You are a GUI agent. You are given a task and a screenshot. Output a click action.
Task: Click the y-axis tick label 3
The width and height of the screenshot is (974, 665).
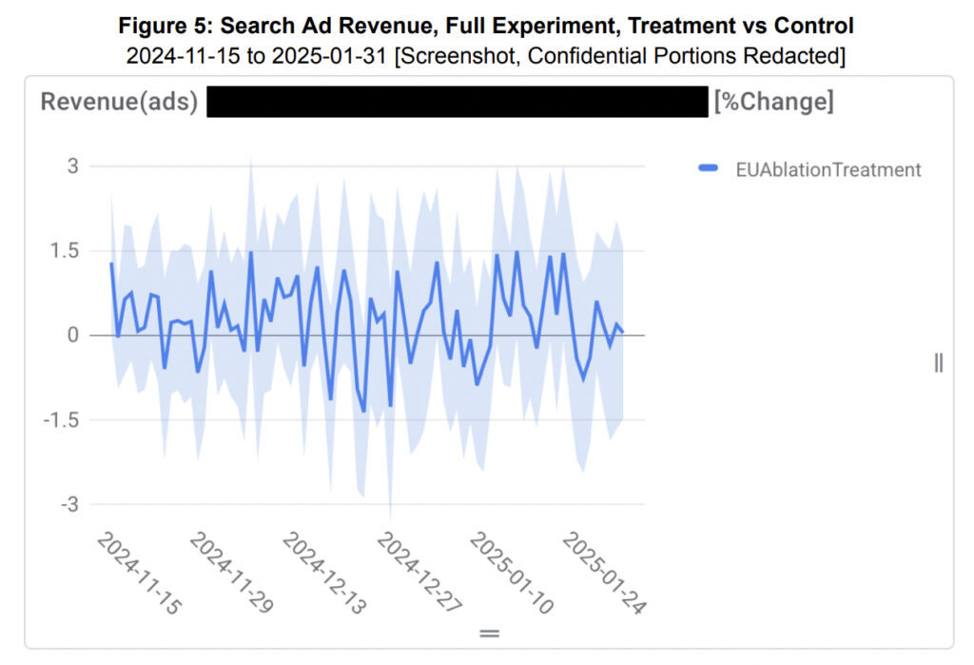pos(72,166)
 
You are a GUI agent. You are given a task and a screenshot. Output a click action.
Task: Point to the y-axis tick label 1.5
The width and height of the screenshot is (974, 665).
pos(66,251)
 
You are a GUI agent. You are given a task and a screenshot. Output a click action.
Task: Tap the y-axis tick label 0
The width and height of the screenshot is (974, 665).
pos(72,335)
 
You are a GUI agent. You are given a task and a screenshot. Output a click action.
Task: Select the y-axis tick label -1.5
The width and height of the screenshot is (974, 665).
pos(63,420)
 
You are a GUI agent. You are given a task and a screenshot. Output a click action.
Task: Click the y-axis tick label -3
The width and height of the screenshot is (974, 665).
pos(68,503)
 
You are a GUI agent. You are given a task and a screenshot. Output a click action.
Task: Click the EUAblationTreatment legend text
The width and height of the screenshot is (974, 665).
pos(828,169)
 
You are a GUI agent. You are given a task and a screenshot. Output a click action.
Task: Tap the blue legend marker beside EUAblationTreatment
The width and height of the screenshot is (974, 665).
pos(708,169)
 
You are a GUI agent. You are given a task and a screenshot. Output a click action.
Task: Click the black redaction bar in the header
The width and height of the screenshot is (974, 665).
pos(457,102)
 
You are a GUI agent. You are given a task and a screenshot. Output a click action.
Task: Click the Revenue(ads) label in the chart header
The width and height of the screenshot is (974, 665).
pos(119,102)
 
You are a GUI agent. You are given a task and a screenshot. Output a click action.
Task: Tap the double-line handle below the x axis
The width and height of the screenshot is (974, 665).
pos(489,633)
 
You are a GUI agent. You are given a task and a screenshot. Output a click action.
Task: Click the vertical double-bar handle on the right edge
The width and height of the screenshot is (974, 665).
pos(939,362)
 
